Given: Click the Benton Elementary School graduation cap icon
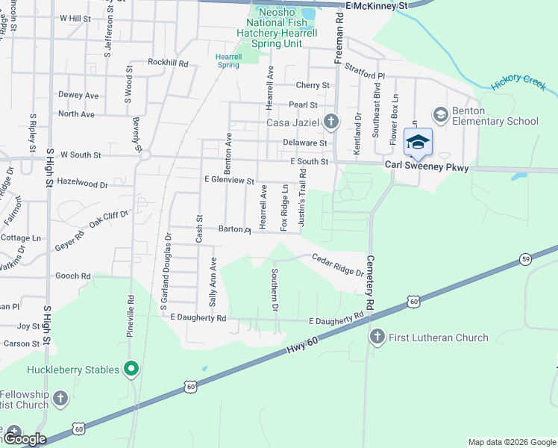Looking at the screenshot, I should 440,114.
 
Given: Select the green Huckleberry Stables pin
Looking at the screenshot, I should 131,369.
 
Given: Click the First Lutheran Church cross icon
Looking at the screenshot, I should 377,337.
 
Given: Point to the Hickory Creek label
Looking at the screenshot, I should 519,83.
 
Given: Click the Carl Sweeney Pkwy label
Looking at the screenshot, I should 427,168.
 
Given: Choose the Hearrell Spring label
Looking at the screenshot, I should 228,60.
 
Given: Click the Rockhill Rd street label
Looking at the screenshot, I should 168,63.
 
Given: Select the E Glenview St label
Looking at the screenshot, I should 230,180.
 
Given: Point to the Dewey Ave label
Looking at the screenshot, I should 78,96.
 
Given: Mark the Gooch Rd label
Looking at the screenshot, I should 73,276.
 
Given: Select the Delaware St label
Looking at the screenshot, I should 305,143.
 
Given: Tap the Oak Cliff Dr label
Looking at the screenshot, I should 109,219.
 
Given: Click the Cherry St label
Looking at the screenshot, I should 313,86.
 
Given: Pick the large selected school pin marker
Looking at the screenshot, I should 418,143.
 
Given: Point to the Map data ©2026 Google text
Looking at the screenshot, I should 511,442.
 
